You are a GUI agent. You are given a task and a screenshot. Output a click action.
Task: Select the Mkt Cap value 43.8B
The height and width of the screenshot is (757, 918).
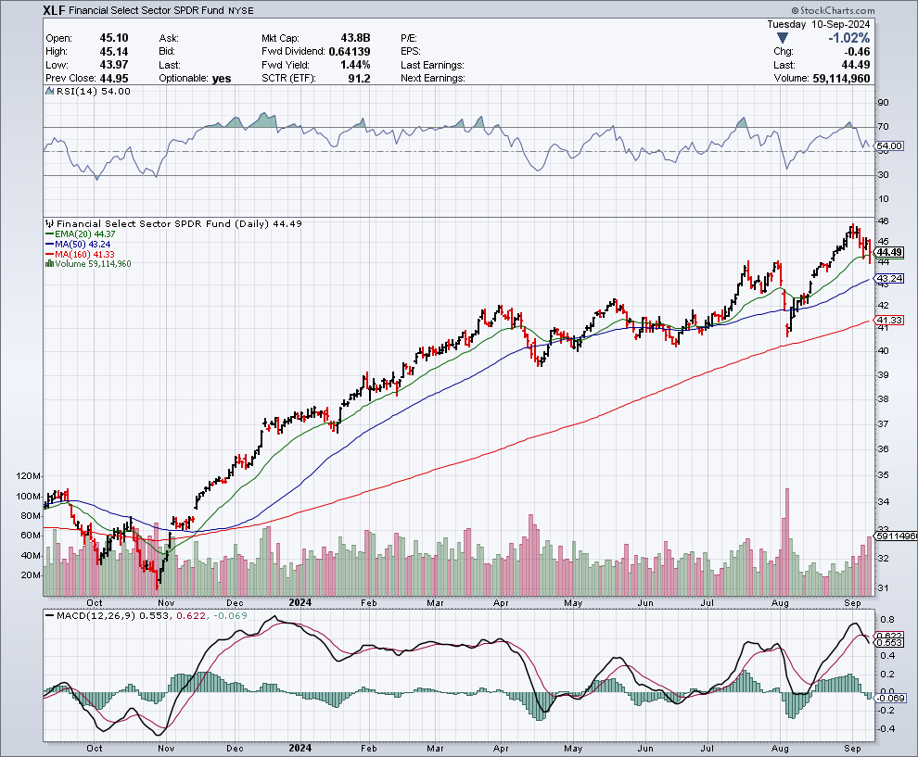[x=354, y=38]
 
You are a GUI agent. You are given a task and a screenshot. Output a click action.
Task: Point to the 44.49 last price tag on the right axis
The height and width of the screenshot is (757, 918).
[x=889, y=252]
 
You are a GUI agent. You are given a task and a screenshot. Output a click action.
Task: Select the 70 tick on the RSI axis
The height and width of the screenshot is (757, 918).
[x=884, y=127]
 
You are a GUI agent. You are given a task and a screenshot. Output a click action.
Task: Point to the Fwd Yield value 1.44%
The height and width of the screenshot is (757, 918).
[x=356, y=65]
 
